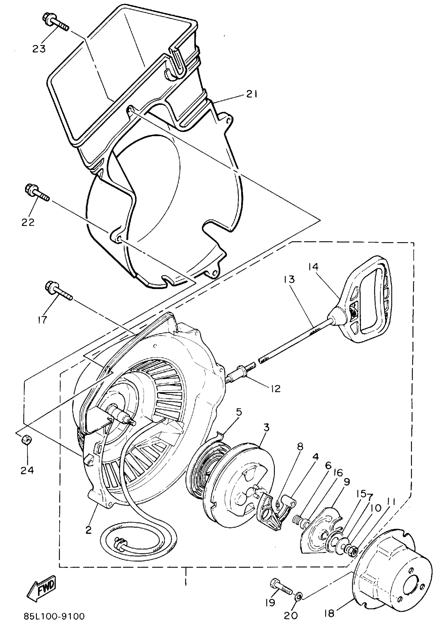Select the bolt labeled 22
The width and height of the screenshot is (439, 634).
click(37, 193)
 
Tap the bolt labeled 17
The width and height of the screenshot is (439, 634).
click(58, 291)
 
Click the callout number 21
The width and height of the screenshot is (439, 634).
click(251, 94)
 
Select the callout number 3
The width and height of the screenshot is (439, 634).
click(266, 427)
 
